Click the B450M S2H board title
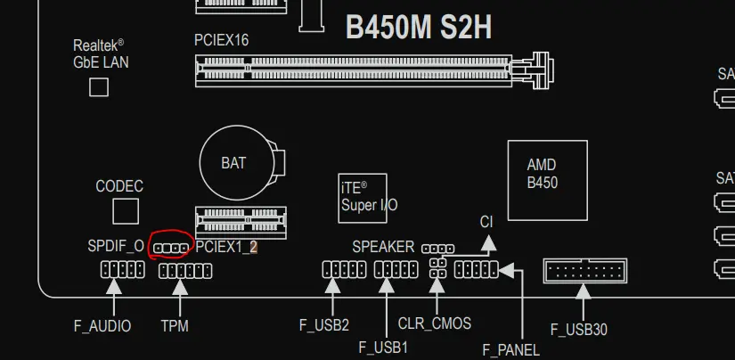[x=419, y=28]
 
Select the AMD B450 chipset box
[x=548, y=181]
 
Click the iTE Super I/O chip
[x=363, y=199]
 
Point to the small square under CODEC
[x=126, y=211]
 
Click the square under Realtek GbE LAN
[x=99, y=87]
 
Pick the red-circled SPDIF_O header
[x=171, y=249]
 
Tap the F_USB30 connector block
[x=585, y=271]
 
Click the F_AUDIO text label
[x=102, y=326]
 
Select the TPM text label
[x=175, y=326]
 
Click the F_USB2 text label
[x=324, y=325]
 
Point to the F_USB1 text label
[x=383, y=348]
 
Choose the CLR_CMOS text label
[x=435, y=323]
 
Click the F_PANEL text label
[x=511, y=349]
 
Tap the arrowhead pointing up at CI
[x=488, y=242]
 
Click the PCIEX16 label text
[x=221, y=40]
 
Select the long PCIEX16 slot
[x=374, y=71]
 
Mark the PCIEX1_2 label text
[x=226, y=247]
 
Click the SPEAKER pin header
[x=437, y=249]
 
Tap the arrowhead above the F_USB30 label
[x=584, y=291]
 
